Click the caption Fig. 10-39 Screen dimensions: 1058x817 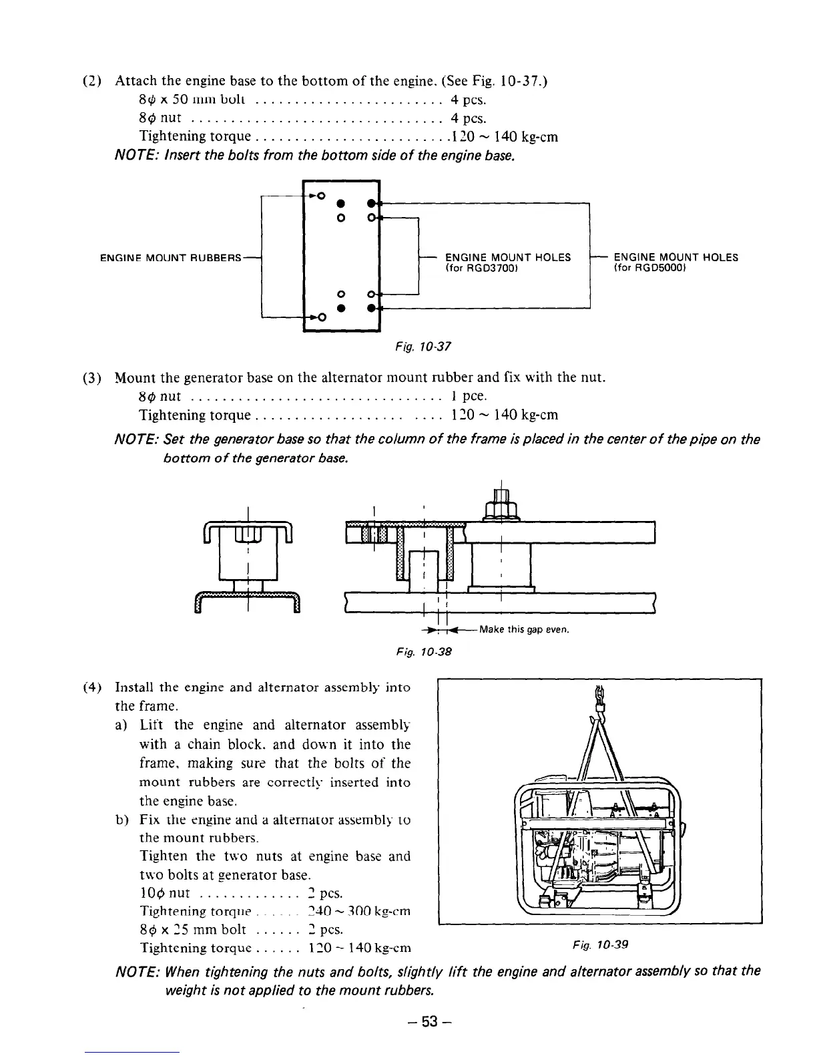point(600,944)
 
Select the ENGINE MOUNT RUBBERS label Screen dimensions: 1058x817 point(170,258)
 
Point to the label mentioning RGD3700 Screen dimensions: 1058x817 point(508,262)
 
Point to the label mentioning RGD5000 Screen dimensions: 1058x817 point(675,262)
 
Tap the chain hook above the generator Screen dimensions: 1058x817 point(599,711)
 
